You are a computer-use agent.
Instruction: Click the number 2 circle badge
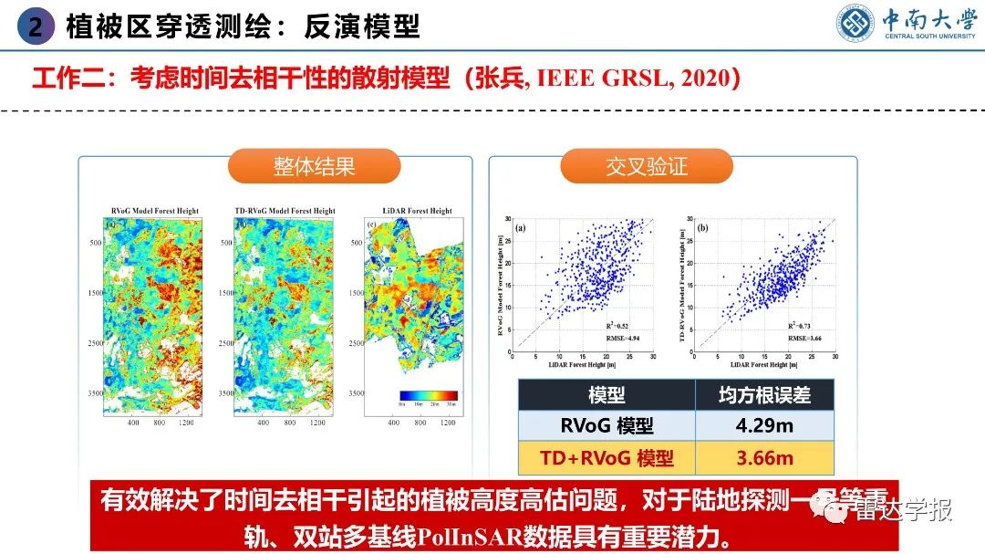coord(35,27)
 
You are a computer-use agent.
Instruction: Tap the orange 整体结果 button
coord(314,166)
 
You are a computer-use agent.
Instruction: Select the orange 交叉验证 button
coord(646,166)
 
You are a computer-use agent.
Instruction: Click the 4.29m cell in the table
coord(763,425)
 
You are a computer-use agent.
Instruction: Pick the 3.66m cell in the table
coord(763,458)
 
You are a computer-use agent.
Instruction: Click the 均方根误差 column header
coord(763,394)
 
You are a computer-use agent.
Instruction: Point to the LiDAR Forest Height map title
coord(414,211)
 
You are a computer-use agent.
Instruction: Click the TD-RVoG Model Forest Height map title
coord(285,211)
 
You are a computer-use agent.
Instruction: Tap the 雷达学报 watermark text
coord(903,511)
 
